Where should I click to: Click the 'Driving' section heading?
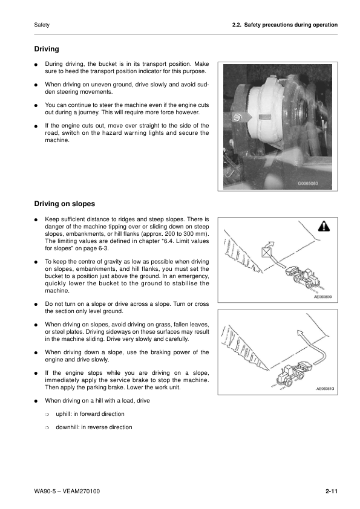point(47,48)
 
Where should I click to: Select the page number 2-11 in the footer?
point(330,491)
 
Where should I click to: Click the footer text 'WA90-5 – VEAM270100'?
point(67,491)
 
